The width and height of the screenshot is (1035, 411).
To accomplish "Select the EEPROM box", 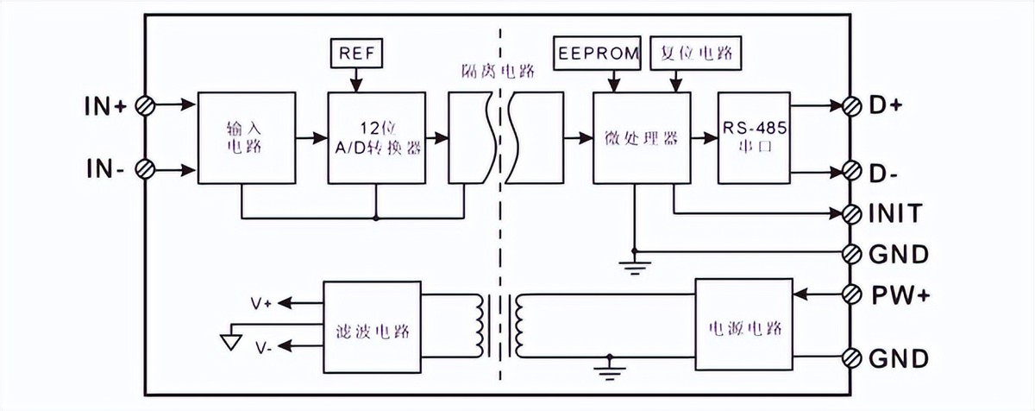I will (599, 54).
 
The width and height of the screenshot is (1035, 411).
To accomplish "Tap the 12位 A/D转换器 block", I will (377, 136).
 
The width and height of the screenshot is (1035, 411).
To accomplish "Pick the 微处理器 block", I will (642, 136).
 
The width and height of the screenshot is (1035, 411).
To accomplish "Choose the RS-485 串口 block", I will (754, 136).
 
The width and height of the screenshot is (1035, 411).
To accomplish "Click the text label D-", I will (884, 174).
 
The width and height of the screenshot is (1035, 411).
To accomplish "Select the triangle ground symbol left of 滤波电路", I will (230, 341).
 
